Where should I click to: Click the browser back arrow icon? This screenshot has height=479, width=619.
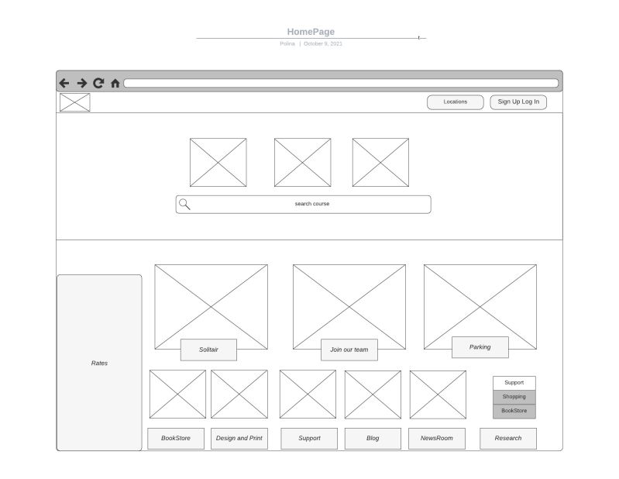click(x=64, y=83)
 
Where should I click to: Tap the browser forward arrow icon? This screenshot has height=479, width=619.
click(x=81, y=83)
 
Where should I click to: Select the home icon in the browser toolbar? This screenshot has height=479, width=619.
click(x=115, y=84)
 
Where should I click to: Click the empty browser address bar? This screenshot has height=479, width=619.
click(x=341, y=83)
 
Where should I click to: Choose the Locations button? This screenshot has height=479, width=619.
click(x=456, y=102)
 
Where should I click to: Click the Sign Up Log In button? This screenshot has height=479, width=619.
click(x=518, y=102)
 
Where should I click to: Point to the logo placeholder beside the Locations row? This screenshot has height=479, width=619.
click(x=75, y=102)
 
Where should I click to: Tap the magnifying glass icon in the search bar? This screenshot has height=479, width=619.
click(x=184, y=204)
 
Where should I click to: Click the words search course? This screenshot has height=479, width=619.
click(x=312, y=204)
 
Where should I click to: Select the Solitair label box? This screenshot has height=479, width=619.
click(x=208, y=350)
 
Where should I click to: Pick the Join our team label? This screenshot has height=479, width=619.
click(x=349, y=350)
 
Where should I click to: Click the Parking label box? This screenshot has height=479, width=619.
click(x=480, y=347)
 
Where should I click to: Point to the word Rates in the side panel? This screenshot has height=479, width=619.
click(x=99, y=364)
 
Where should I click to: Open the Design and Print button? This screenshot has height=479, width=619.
click(x=239, y=439)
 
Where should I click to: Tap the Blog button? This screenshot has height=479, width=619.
click(x=373, y=439)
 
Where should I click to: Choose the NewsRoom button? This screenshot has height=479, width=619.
click(x=437, y=439)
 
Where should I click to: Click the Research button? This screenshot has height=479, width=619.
click(x=508, y=439)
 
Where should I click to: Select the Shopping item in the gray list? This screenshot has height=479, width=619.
click(x=514, y=397)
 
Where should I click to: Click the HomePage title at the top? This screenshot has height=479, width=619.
click(x=311, y=32)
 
